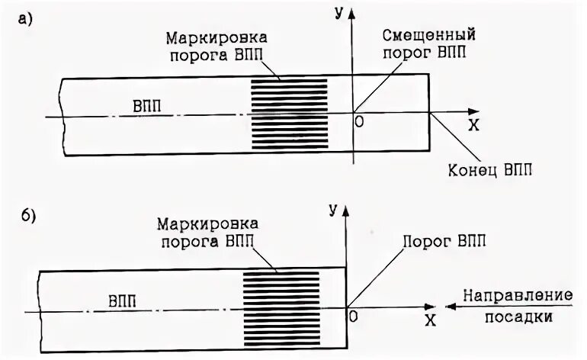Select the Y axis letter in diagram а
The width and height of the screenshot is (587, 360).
340,13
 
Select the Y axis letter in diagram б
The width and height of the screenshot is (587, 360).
333,210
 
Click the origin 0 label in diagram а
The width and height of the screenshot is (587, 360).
359,120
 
